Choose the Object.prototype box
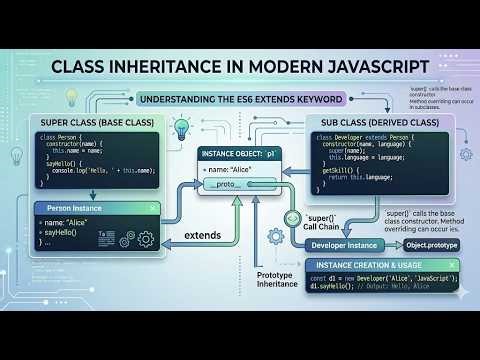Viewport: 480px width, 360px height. (431, 244)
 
